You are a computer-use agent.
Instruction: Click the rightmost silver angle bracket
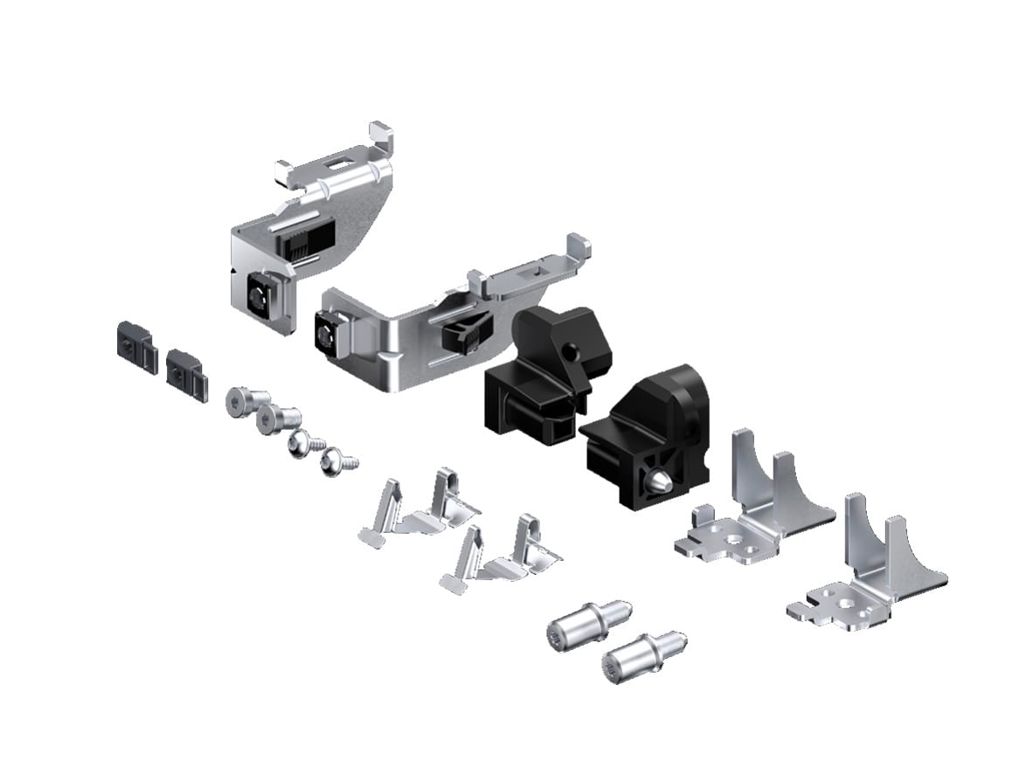click(x=865, y=572)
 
